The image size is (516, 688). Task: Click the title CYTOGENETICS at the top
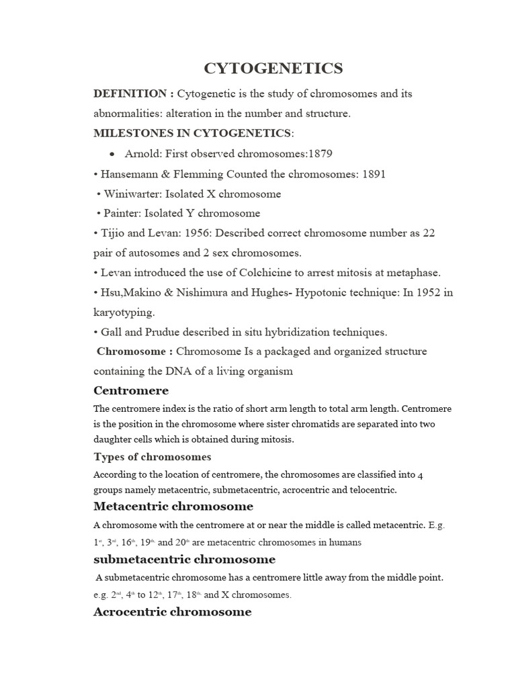[273, 68]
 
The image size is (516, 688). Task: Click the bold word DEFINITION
[130, 94]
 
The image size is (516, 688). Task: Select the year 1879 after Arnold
[320, 154]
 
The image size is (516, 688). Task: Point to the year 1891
[374, 174]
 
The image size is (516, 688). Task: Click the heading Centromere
[131, 390]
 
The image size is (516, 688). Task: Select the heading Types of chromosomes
[152, 457]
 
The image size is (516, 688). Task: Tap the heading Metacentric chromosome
[173, 506]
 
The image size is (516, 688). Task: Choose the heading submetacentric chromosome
[184, 559]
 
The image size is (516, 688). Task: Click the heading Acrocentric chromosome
[172, 611]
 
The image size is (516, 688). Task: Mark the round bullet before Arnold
[111, 155]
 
